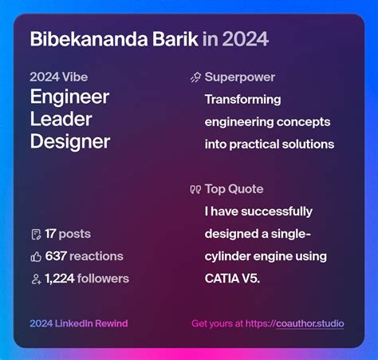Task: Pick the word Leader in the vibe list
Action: click(61, 120)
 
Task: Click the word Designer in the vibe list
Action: click(70, 141)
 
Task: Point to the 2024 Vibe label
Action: click(59, 77)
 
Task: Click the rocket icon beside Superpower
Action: click(195, 78)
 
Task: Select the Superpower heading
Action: click(239, 77)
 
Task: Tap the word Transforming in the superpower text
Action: click(242, 100)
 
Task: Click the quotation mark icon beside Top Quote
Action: click(195, 190)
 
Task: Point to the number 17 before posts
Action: click(51, 234)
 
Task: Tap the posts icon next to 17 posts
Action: click(35, 235)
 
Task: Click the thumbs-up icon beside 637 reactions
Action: click(35, 257)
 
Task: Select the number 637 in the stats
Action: click(56, 256)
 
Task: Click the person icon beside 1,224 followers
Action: click(35, 279)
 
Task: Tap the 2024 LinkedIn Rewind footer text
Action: click(78, 323)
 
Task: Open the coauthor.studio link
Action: click(310, 324)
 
